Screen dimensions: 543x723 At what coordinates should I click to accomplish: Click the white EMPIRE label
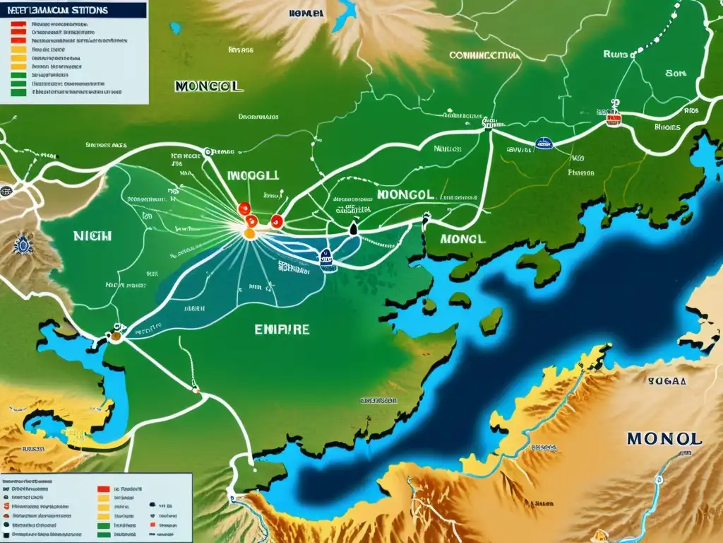click(x=281, y=329)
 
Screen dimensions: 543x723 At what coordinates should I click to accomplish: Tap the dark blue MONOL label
click(x=664, y=438)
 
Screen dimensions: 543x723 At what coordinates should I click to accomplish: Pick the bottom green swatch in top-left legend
click(x=18, y=91)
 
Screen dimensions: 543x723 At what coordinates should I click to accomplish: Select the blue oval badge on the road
click(x=543, y=144)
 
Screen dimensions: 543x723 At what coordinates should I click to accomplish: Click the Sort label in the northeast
click(x=676, y=72)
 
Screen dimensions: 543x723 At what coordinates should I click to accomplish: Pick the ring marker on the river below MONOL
click(x=659, y=479)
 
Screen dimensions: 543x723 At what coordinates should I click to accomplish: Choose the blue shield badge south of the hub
click(x=327, y=259)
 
